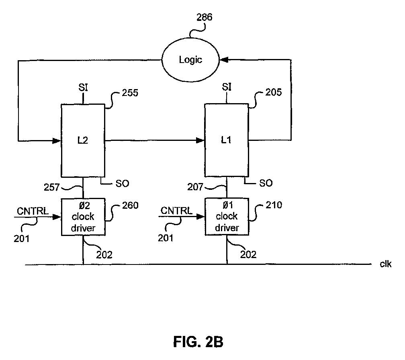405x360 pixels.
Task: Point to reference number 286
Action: [204, 17]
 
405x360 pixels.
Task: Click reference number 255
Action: [130, 93]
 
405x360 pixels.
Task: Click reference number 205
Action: [274, 92]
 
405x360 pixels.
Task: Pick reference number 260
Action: [130, 205]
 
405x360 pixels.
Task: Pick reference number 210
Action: [274, 205]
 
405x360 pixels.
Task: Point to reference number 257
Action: [52, 187]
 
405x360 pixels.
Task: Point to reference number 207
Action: [195, 187]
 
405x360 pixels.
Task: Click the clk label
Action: [385, 264]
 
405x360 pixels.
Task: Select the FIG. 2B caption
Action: [198, 342]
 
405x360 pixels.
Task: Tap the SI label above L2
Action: [83, 87]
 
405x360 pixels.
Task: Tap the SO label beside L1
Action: [266, 183]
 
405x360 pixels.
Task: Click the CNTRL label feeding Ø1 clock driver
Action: [176, 211]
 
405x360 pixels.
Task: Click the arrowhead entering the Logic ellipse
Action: [224, 60]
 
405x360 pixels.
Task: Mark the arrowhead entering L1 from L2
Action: [200, 140]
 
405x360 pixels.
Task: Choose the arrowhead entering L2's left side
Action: [57, 140]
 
